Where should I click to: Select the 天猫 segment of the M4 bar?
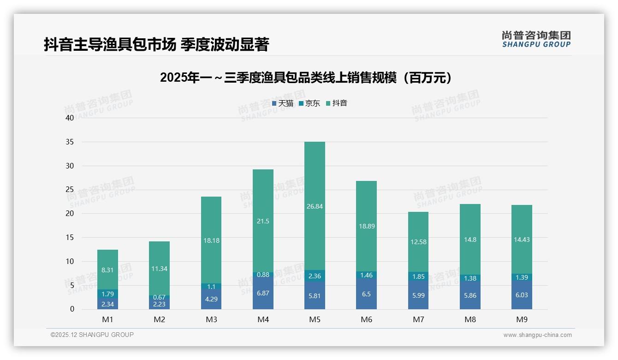point(263,294)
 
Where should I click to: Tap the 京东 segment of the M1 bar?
point(107,294)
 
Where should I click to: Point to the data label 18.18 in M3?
point(211,240)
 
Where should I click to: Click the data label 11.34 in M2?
point(159,269)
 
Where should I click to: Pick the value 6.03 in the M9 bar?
point(522,295)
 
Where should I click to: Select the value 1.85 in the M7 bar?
point(418,277)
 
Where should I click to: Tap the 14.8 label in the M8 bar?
point(470,240)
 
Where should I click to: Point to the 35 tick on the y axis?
point(70,142)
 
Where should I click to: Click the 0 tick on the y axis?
point(71,309)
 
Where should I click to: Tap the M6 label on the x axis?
point(366,319)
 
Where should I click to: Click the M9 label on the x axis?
point(522,319)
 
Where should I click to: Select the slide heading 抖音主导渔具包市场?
point(156,45)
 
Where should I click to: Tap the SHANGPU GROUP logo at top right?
point(536,39)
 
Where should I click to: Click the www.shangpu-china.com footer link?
point(537,335)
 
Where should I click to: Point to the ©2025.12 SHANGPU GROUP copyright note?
point(92,335)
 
